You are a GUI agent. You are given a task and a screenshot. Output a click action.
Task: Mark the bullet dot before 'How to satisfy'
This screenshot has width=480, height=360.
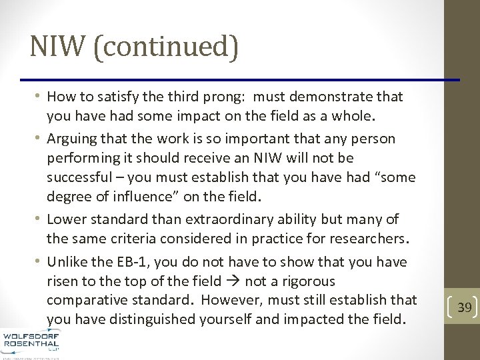coord(39,96)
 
